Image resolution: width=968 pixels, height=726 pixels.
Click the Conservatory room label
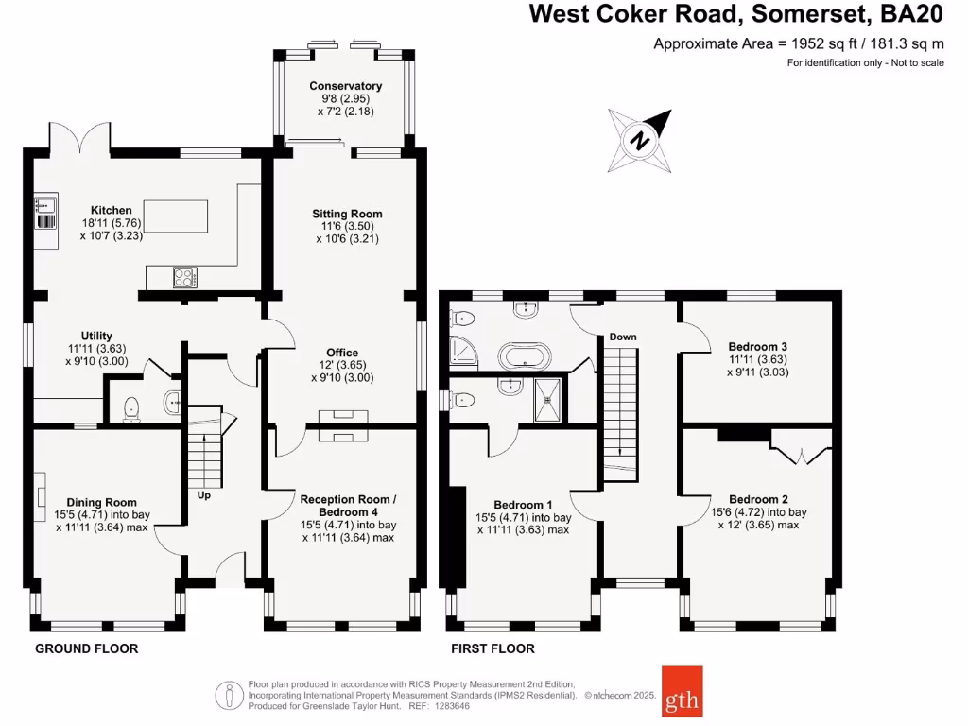click(346, 86)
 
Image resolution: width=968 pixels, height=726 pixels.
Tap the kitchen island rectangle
click(176, 216)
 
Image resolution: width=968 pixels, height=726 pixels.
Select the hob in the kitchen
click(185, 277)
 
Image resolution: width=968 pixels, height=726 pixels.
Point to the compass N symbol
click(640, 141)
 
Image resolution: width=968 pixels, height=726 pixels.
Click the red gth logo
click(683, 691)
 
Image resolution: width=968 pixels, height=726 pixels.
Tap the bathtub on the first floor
click(525, 356)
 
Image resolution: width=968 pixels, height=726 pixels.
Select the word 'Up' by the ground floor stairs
click(204, 495)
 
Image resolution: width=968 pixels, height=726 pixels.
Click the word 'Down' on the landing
click(623, 337)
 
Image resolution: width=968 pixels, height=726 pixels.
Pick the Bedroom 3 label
click(757, 346)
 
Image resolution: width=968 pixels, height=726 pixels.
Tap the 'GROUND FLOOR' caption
click(86, 648)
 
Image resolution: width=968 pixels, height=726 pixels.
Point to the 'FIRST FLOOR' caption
click(493, 648)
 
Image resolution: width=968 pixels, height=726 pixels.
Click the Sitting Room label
click(347, 214)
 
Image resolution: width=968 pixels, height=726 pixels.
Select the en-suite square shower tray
click(547, 400)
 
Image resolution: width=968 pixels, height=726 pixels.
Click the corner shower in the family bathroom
click(463, 350)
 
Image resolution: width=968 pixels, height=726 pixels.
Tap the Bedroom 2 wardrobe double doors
click(802, 447)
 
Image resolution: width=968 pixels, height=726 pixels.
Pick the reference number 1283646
click(453, 705)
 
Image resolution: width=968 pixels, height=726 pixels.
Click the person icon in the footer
click(229, 696)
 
